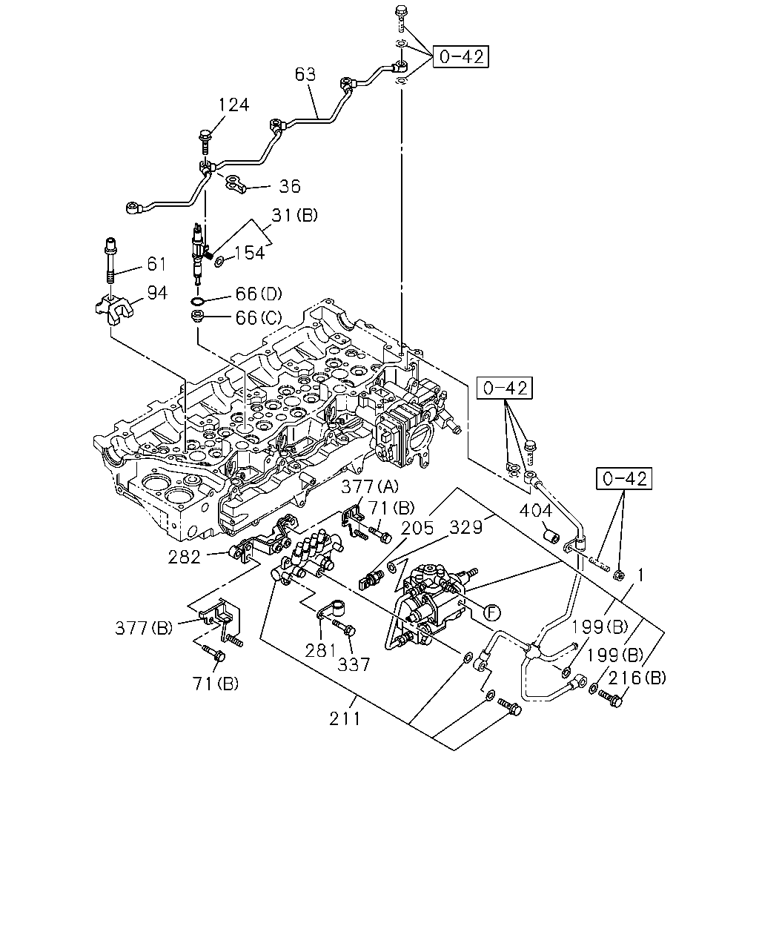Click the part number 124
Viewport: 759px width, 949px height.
(x=233, y=105)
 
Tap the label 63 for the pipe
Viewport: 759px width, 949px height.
(x=305, y=75)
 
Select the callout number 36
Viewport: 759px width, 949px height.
(x=290, y=186)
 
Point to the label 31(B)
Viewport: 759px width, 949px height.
(x=294, y=215)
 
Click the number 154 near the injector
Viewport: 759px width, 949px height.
(x=249, y=253)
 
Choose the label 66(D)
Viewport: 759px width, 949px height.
(x=259, y=294)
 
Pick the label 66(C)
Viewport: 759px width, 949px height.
(x=259, y=317)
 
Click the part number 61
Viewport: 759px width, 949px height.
(x=156, y=264)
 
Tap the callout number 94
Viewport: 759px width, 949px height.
(x=157, y=293)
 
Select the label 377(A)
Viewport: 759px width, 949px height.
(x=370, y=486)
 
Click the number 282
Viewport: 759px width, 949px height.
(x=184, y=557)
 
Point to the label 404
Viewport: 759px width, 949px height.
(x=535, y=511)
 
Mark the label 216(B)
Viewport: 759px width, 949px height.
(x=637, y=678)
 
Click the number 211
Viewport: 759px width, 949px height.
(x=345, y=719)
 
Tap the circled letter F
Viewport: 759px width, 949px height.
(x=491, y=612)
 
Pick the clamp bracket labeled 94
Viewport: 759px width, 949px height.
(x=113, y=310)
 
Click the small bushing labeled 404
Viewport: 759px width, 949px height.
(x=551, y=536)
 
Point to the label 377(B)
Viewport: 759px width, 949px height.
(x=144, y=628)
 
